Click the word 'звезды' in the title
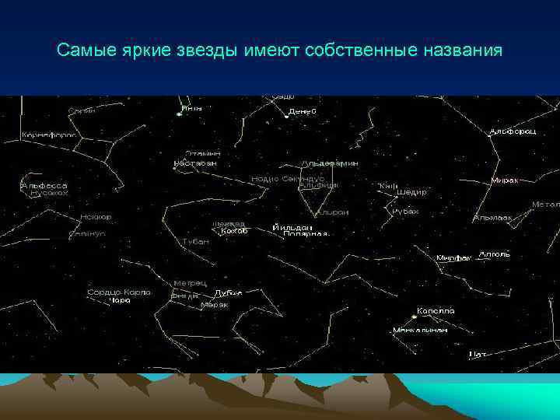point(198,51)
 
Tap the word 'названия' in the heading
point(460,51)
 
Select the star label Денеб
point(303,111)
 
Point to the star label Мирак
point(506,180)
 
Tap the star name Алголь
point(495,254)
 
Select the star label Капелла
point(436,310)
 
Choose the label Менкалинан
point(420,329)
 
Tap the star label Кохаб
point(234,231)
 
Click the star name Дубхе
point(228,293)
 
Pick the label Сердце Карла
point(118,292)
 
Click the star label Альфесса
point(44,186)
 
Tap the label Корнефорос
point(48,135)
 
